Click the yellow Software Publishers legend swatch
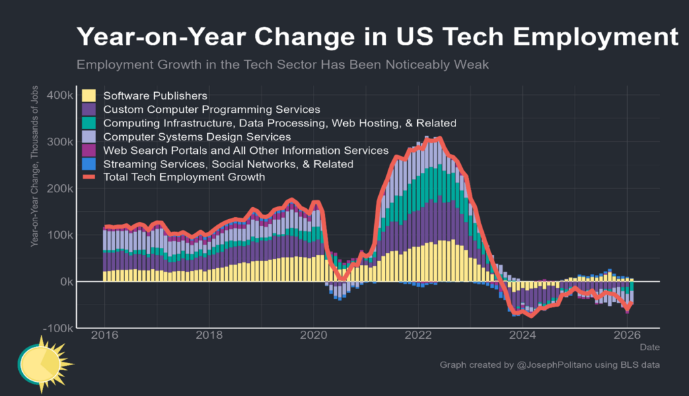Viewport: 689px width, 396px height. [x=88, y=95]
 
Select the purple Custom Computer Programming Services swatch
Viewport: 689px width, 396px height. [x=88, y=109]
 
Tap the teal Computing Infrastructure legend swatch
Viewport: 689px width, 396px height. [x=88, y=123]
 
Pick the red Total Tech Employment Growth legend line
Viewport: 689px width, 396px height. [x=88, y=177]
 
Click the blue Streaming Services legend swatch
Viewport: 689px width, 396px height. [x=88, y=164]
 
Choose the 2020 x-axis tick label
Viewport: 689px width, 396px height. [x=314, y=335]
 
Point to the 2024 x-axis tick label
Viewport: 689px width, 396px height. [x=523, y=335]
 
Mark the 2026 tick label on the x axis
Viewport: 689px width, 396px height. [x=627, y=335]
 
